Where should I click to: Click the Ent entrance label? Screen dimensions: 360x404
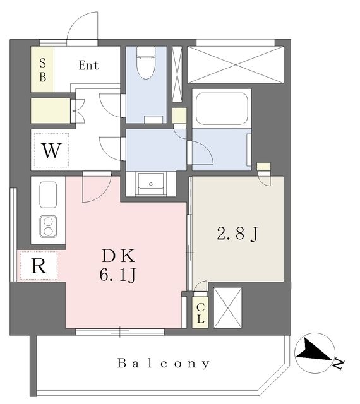(x=88, y=66)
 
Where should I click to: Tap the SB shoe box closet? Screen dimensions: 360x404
(x=42, y=69)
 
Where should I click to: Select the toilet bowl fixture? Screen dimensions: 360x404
(x=146, y=63)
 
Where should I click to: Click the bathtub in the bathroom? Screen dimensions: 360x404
(x=222, y=109)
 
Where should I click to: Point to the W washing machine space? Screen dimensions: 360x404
(x=51, y=150)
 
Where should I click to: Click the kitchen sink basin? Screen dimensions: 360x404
(x=48, y=194)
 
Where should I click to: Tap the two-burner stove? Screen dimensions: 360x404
(x=48, y=227)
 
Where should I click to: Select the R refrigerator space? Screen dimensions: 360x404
(x=39, y=266)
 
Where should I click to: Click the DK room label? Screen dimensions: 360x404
(x=118, y=256)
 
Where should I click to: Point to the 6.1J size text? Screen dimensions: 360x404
(x=118, y=275)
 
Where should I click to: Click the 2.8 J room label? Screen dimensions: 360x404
(x=237, y=234)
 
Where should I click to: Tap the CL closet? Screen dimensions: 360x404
(x=200, y=312)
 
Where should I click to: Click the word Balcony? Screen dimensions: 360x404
(x=164, y=364)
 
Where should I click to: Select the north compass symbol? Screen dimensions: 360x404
(x=316, y=353)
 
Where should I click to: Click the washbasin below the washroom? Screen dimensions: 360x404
(x=151, y=184)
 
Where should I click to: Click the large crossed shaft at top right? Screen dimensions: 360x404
(x=236, y=64)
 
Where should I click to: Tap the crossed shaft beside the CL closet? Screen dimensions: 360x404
(x=228, y=307)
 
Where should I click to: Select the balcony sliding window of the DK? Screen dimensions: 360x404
(x=120, y=332)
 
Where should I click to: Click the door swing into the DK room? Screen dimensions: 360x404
(x=97, y=187)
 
